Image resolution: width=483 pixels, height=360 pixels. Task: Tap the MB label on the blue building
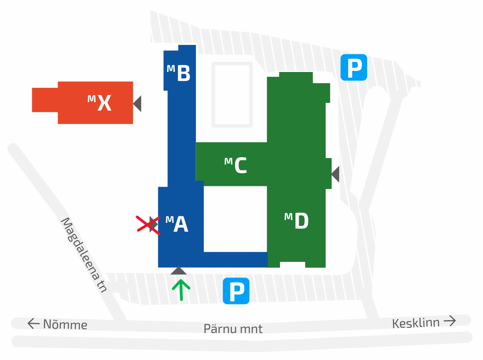click(179, 73)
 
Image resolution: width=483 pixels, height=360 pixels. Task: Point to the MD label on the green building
click(297, 221)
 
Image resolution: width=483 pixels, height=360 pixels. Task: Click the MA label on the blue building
click(177, 224)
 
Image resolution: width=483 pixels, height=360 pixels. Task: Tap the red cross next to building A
click(148, 224)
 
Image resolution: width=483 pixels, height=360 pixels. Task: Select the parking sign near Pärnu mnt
click(236, 291)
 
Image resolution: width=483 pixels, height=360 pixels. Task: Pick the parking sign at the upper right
click(354, 67)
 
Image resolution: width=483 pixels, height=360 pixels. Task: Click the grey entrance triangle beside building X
click(138, 104)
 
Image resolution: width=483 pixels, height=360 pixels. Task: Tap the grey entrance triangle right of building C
click(335, 174)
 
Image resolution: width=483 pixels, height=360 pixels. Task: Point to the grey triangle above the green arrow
click(178, 271)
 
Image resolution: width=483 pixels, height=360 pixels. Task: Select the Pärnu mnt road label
click(233, 329)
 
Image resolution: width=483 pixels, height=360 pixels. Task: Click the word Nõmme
click(65, 324)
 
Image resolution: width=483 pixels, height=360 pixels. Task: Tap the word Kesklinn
click(416, 323)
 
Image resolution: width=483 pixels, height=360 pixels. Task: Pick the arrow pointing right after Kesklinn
click(450, 321)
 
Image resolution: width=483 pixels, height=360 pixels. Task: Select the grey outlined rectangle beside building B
click(232, 95)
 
